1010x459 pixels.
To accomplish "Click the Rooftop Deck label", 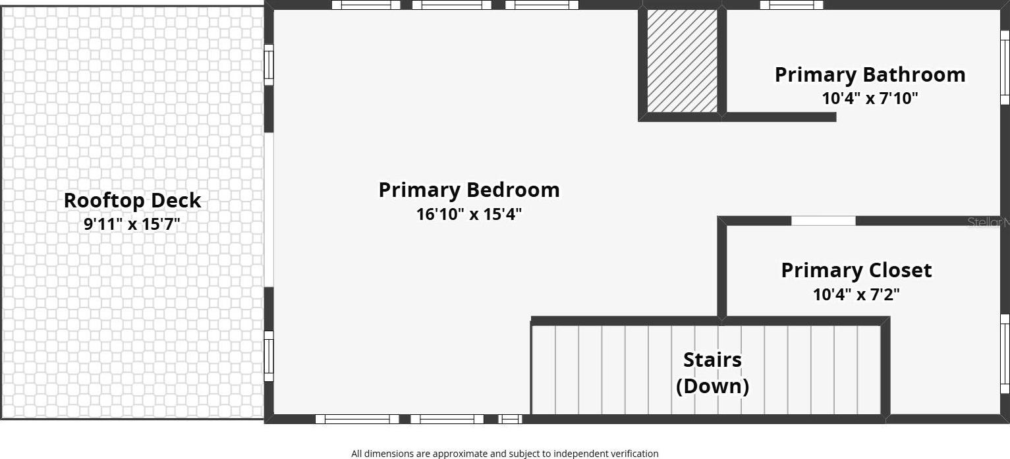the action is click(132, 201).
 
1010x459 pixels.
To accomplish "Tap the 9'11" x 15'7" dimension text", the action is click(132, 224).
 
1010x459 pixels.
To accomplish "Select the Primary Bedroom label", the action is click(469, 190).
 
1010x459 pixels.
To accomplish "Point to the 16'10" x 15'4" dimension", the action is click(469, 214).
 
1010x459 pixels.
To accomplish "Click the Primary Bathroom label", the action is click(870, 75).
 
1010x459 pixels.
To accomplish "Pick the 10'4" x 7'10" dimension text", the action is click(870, 98).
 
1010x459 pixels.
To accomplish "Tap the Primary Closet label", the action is click(856, 271).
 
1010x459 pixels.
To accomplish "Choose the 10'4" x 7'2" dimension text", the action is click(856, 294).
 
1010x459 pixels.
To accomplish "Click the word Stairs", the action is click(712, 360).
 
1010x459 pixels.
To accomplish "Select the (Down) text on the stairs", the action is click(712, 386).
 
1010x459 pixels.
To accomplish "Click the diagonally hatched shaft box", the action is click(682, 61).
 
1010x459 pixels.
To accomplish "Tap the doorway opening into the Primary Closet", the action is click(824, 221).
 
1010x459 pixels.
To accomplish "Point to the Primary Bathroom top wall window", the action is click(791, 5).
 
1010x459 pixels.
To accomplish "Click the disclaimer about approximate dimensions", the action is click(505, 454).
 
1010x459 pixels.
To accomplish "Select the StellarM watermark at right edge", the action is click(988, 222).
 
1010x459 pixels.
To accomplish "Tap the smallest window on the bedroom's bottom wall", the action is click(510, 419).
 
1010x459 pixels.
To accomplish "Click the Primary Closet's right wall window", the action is click(1005, 354).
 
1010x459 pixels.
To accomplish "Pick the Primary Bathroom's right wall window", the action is click(1005, 68).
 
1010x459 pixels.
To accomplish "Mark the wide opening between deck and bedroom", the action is click(269, 209).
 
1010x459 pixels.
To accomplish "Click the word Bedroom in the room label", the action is click(513, 190).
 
